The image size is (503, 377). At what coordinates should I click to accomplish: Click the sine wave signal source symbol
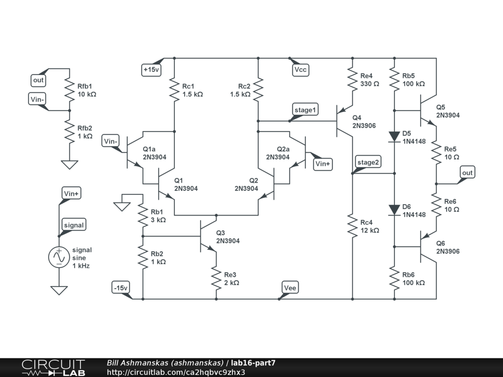click(x=58, y=257)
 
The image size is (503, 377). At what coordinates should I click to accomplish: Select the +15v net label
click(x=151, y=70)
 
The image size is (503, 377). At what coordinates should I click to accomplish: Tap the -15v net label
click(x=121, y=288)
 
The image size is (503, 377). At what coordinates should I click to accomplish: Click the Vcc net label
click(x=300, y=70)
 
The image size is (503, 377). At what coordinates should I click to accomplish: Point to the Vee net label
click(x=290, y=288)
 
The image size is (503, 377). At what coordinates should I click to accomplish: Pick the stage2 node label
click(x=368, y=162)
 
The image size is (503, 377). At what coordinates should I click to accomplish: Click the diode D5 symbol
click(x=394, y=136)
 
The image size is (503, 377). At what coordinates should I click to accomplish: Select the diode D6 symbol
click(x=394, y=210)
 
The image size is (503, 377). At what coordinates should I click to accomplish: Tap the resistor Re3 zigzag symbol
click(x=216, y=278)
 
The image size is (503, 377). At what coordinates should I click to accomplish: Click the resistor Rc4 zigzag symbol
click(x=352, y=225)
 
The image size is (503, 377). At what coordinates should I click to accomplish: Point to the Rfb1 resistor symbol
click(x=69, y=89)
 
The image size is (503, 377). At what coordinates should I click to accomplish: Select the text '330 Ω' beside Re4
click(x=370, y=84)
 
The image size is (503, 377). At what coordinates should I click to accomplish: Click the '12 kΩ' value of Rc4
click(x=369, y=230)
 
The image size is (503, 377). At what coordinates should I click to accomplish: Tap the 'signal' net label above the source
click(x=74, y=225)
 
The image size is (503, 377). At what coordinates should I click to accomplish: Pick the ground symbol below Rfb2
click(x=69, y=164)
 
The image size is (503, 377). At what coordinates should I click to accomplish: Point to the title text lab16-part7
click(x=253, y=363)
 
